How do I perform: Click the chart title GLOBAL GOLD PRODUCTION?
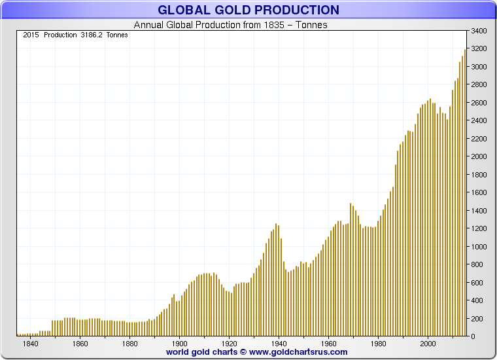click(248, 10)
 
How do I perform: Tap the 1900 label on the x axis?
click(179, 343)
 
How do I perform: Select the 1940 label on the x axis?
click(279, 343)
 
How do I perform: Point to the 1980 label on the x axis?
click(378, 343)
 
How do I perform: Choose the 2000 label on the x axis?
click(428, 343)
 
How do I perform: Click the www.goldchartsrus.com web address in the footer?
click(298, 351)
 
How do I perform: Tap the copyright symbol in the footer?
click(243, 351)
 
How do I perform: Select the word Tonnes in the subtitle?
click(313, 25)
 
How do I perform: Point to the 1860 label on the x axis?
click(80, 343)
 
